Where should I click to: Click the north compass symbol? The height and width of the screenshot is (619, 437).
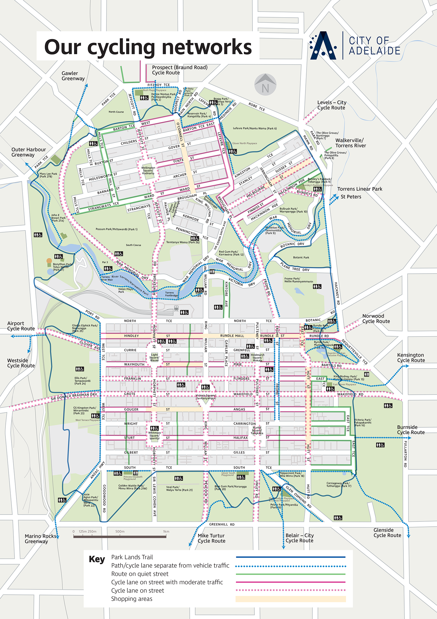click(x=265, y=85)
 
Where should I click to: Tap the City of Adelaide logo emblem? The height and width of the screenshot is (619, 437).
click(x=323, y=46)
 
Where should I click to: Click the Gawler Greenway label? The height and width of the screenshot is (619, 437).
click(x=73, y=76)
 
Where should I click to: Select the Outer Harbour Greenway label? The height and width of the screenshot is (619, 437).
click(x=28, y=152)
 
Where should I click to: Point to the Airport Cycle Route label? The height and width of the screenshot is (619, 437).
click(x=21, y=326)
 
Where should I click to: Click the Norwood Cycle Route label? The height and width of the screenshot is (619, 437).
click(x=376, y=318)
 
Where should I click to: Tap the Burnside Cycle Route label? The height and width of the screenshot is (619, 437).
click(x=410, y=429)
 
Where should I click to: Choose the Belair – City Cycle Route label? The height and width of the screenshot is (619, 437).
click(x=299, y=538)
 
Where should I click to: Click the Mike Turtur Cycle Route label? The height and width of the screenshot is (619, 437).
click(x=211, y=538)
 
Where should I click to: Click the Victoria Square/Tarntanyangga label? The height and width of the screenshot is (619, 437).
click(x=206, y=397)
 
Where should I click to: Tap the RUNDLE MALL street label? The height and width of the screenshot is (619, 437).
click(x=232, y=336)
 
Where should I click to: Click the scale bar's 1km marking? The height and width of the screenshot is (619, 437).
click(x=166, y=531)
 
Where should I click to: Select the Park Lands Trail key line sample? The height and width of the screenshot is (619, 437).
click(x=290, y=557)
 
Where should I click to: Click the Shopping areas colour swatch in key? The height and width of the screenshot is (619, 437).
click(x=290, y=599)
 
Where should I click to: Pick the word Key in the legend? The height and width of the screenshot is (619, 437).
click(x=97, y=559)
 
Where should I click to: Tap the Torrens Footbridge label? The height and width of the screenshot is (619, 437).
click(x=172, y=294)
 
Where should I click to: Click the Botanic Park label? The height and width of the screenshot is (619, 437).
click(x=301, y=257)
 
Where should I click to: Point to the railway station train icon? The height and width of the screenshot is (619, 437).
click(x=176, y=308)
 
